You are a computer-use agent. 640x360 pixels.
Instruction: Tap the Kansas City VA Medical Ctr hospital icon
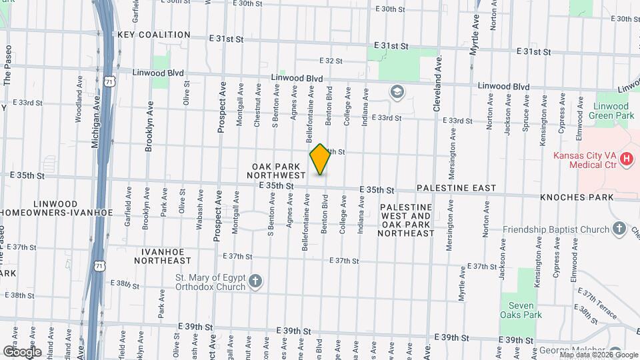point(626,159)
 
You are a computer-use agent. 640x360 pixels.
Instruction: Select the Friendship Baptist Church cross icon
point(619,229)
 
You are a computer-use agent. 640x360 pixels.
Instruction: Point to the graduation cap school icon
point(397,91)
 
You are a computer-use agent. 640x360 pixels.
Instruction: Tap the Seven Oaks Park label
point(520,310)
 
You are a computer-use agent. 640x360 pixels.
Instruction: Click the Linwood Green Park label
point(611,111)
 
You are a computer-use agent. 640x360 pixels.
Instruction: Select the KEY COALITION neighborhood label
point(154,35)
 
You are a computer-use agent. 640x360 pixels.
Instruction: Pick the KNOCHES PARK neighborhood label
point(576,198)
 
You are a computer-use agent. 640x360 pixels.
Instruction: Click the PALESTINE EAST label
point(457,188)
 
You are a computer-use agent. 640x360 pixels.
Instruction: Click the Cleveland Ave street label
point(439,83)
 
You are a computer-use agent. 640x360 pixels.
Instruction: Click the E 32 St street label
point(331,61)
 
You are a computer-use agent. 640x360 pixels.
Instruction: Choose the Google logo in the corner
point(22,351)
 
